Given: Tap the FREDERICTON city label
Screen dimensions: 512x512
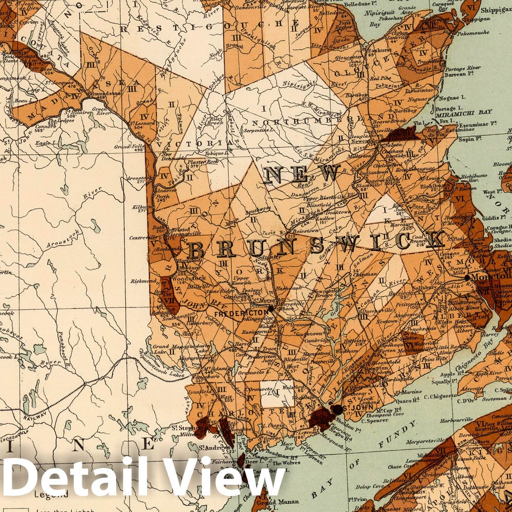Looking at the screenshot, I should [x=241, y=313].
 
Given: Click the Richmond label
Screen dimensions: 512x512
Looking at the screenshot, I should [x=143, y=281].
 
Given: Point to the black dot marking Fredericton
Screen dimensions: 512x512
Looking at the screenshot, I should [x=270, y=308].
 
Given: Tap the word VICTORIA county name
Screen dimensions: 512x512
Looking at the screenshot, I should [x=196, y=143].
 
